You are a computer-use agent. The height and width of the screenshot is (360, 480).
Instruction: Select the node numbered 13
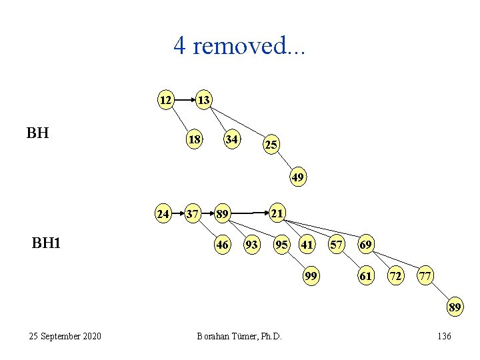coord(203,100)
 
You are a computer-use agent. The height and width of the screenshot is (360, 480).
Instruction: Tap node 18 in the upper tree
coord(195,140)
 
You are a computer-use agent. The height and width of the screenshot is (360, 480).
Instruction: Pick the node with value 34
coord(232,140)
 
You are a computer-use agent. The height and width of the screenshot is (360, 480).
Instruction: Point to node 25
coord(271,144)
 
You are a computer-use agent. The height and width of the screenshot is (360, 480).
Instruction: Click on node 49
coord(298,177)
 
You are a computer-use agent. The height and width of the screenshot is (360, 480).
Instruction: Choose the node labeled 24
coord(163,214)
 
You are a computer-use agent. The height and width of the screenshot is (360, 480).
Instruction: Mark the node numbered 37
coord(193,214)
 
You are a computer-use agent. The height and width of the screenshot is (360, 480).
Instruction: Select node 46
coord(223,245)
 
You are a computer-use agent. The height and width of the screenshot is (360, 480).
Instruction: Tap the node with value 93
coord(252,245)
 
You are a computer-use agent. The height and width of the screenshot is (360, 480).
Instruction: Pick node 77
coord(425,275)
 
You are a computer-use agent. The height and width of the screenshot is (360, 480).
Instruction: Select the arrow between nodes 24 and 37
coord(177,214)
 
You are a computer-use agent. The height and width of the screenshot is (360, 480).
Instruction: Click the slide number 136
coord(444,336)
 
